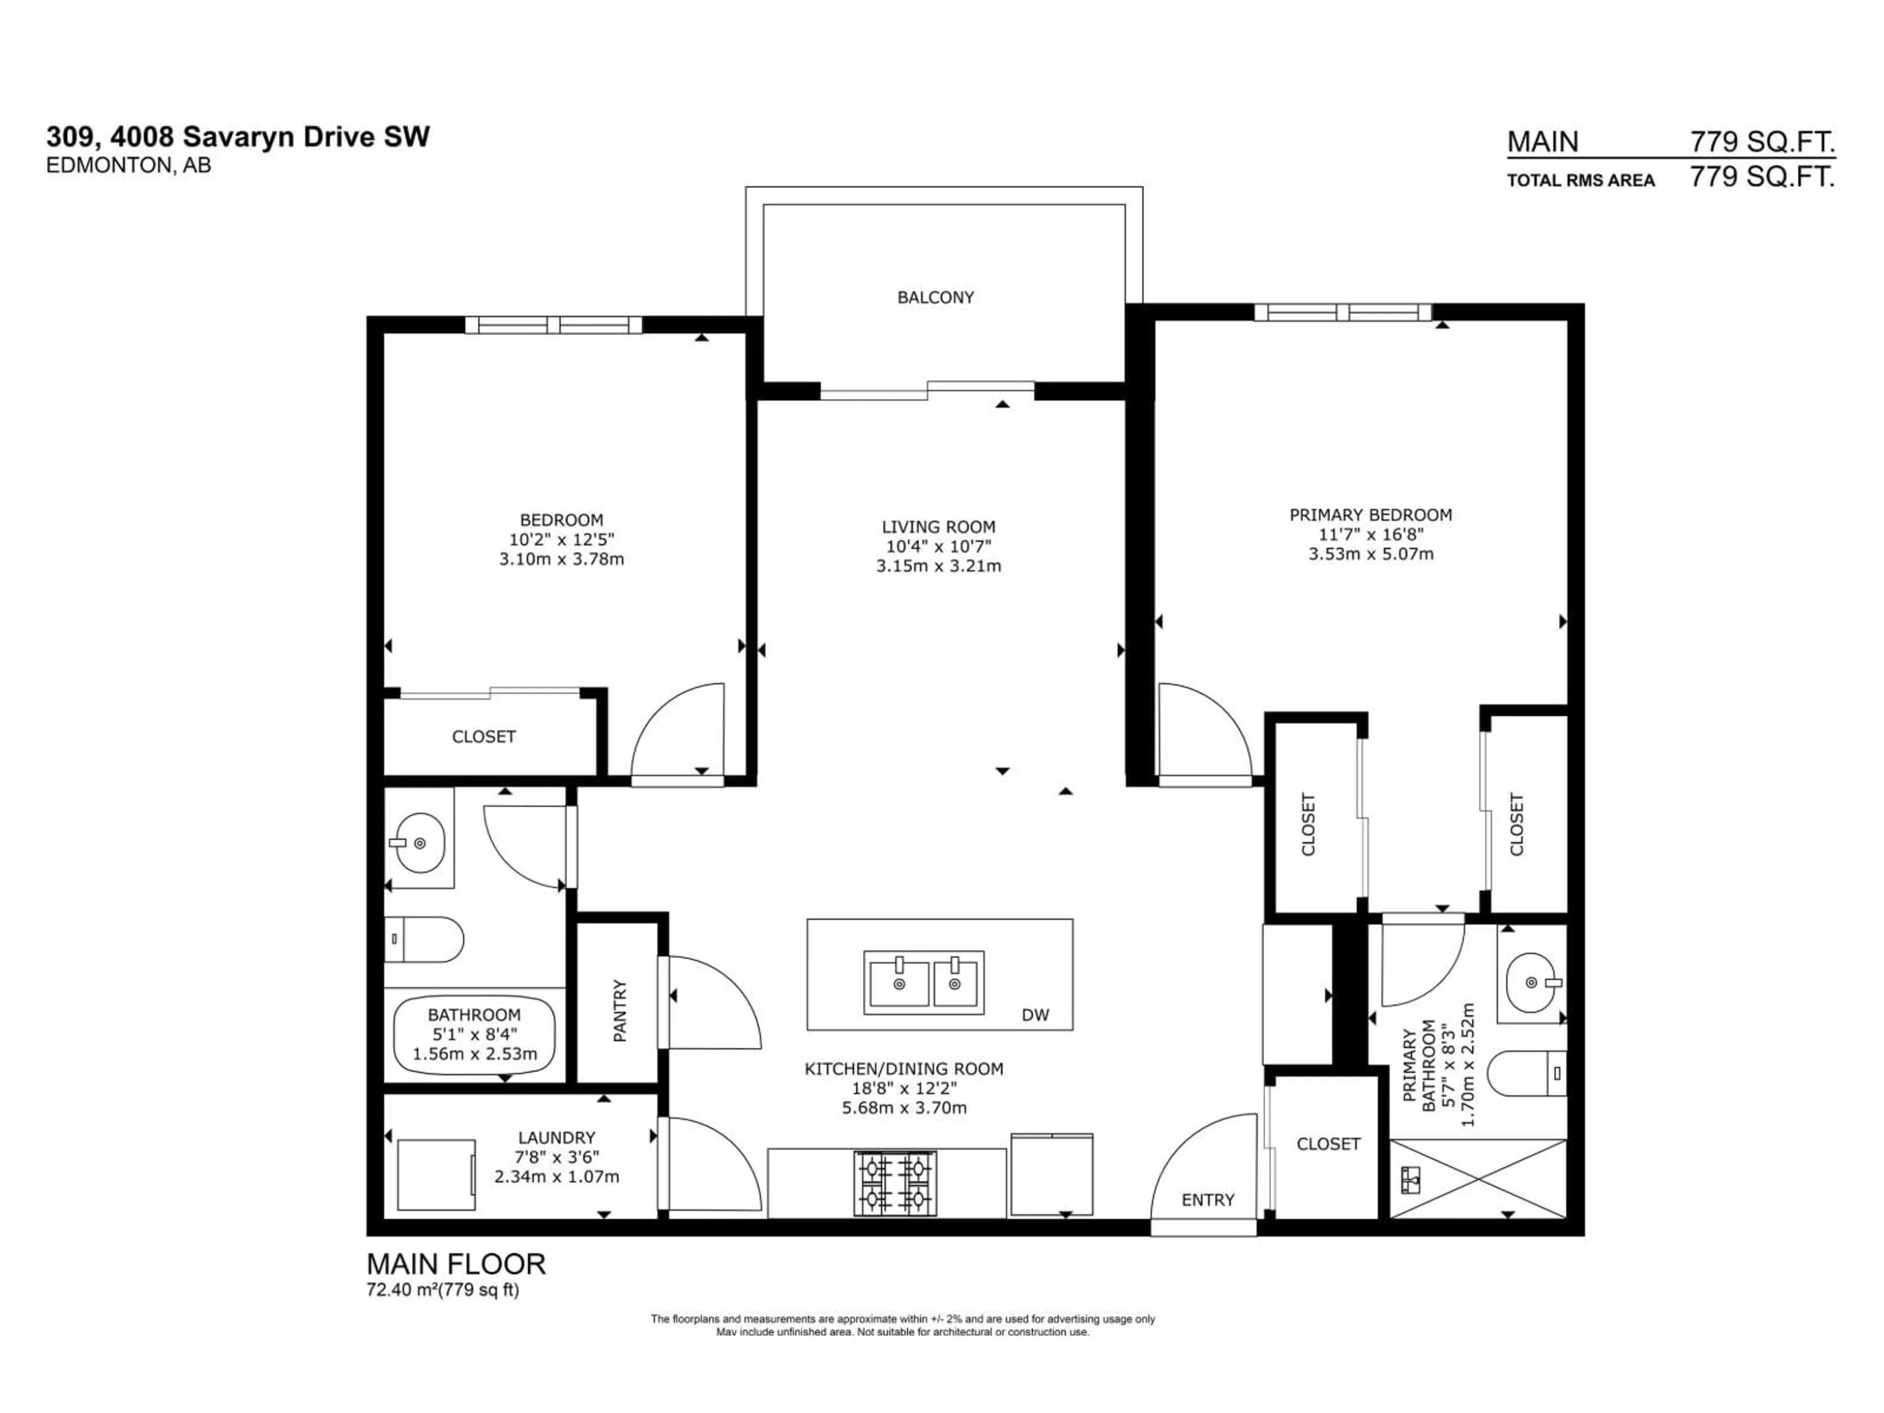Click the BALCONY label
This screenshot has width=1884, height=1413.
pyautogui.click(x=935, y=297)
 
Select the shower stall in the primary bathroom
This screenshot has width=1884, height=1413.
pyautogui.click(x=1478, y=1179)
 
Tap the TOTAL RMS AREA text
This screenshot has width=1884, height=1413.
pyautogui.click(x=1581, y=181)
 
